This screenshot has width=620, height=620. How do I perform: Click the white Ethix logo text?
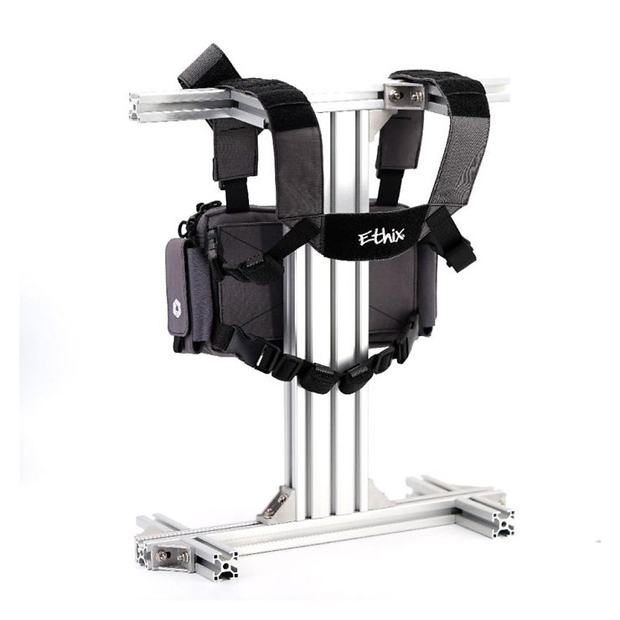[381, 238]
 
